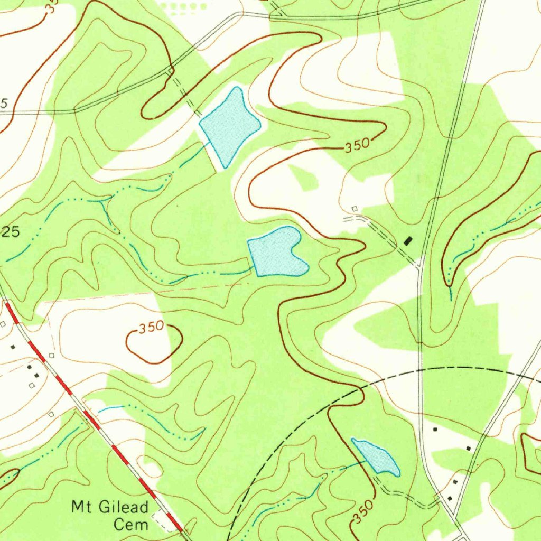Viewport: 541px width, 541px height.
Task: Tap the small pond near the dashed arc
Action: pyautogui.click(x=376, y=456)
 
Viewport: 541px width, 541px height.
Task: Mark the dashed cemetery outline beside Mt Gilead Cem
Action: pyautogui.click(x=164, y=520)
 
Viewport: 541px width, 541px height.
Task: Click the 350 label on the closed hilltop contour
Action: pyautogui.click(x=152, y=328)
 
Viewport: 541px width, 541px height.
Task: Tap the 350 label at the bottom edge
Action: pyautogui.click(x=365, y=512)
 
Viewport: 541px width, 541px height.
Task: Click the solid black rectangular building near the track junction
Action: pyautogui.click(x=407, y=241)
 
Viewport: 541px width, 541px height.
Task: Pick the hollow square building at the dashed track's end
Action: pyautogui.click(x=355, y=209)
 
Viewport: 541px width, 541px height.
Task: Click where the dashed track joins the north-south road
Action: pyautogui.click(x=419, y=263)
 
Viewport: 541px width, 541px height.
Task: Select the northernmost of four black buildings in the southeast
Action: pyautogui.click(x=435, y=430)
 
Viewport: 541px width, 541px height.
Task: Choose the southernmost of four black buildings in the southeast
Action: pyautogui.click(x=450, y=498)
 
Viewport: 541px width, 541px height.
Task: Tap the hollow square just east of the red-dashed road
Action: pyautogui.click(x=51, y=355)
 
